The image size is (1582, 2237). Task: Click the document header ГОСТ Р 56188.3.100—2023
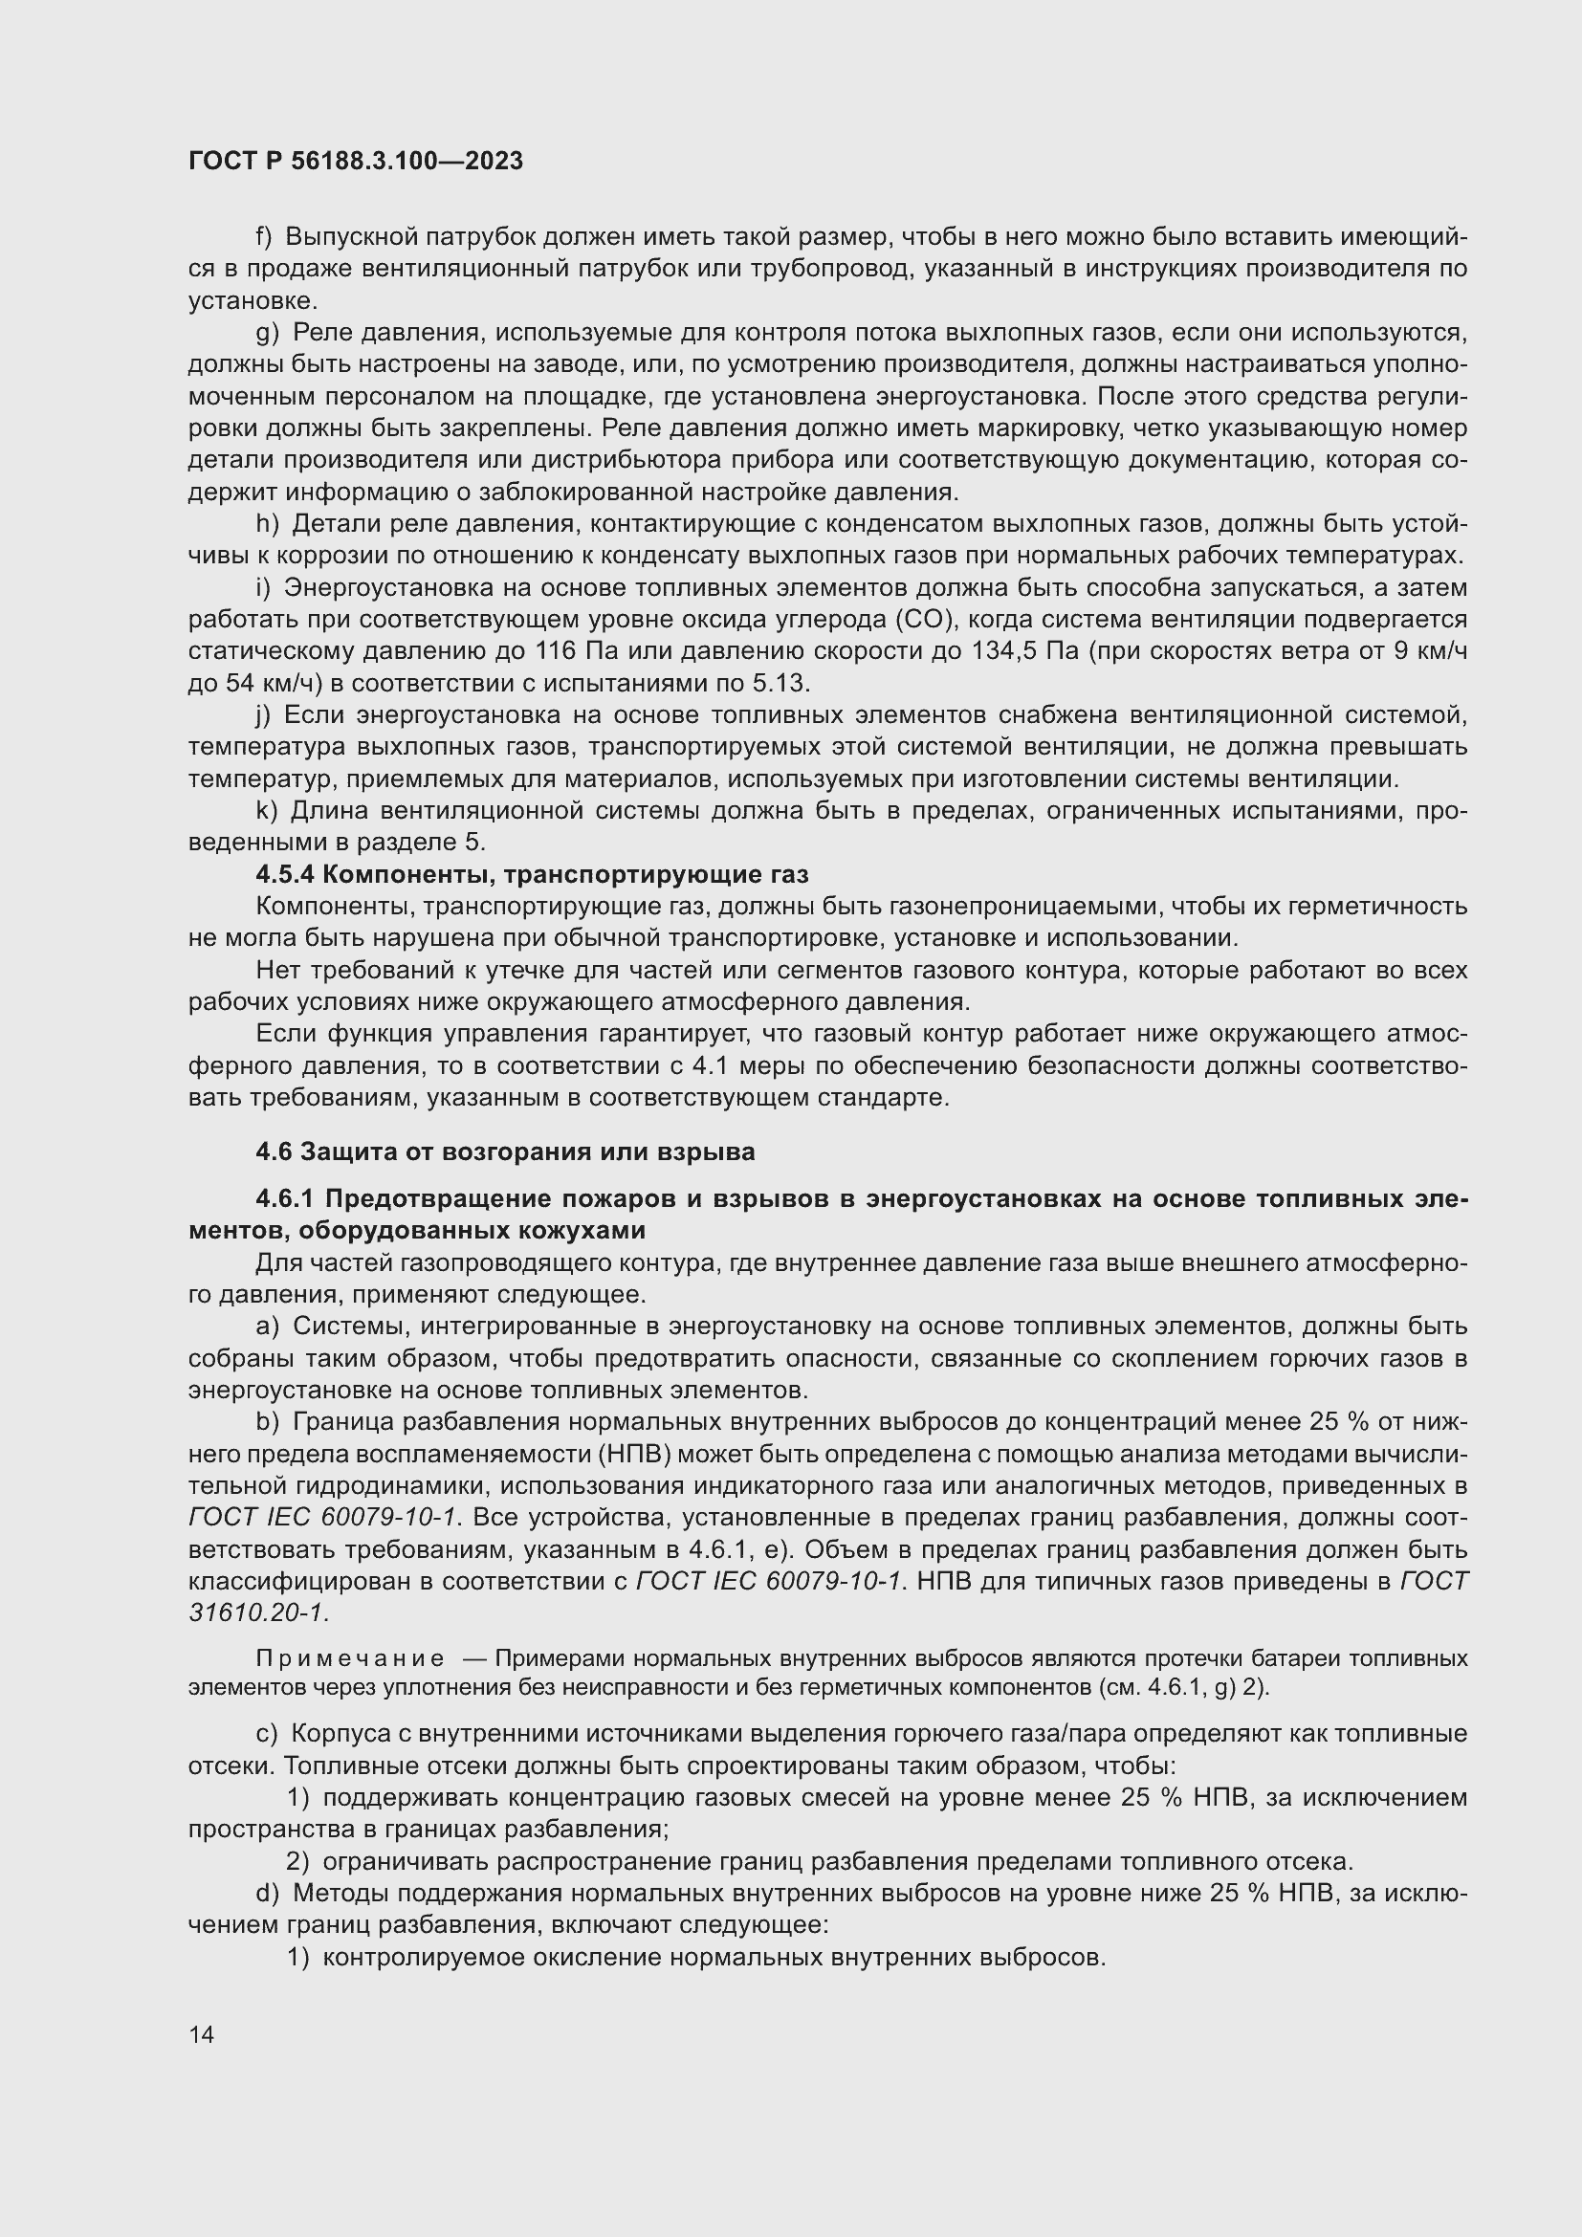356,161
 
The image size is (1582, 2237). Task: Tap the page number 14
202,2034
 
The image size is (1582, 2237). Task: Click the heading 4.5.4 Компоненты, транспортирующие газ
532,874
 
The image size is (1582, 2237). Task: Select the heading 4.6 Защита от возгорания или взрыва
505,1151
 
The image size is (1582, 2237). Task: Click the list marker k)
267,811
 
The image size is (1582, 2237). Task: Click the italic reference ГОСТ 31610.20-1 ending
258,1612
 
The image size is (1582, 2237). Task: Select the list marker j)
263,715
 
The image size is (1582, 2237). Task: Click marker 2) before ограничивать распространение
297,1862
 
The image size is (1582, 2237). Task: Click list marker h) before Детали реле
267,524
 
